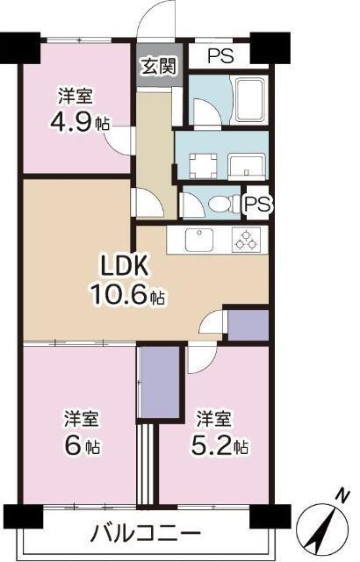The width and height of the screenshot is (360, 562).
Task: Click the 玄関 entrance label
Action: point(160,66)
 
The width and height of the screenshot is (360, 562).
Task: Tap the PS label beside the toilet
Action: point(257,204)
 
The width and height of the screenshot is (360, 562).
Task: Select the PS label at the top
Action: point(221,55)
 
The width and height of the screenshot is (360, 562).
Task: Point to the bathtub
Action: point(250,99)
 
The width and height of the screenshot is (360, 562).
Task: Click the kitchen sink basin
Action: point(199,240)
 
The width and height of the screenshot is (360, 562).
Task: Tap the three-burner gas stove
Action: point(246,240)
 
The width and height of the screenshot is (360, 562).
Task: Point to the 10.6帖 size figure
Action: point(127,295)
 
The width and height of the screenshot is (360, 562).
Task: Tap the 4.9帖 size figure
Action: point(80,122)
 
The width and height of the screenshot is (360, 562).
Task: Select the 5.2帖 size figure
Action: point(220,446)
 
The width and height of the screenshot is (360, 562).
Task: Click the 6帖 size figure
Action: point(83,446)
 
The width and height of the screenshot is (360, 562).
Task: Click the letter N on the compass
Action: point(342,495)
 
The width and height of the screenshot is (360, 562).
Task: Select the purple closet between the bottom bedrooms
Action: point(159,381)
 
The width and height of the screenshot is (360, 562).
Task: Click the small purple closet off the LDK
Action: point(248,325)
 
